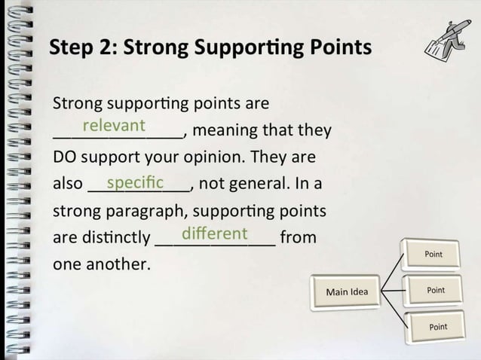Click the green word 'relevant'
click(114, 125)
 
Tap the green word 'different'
click(215, 233)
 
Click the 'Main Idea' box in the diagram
click(347, 291)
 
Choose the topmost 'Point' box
click(434, 255)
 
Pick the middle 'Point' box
click(436, 290)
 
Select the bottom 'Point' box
click(437, 327)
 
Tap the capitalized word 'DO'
click(65, 158)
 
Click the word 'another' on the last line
click(121, 265)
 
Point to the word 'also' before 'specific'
click(68, 185)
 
